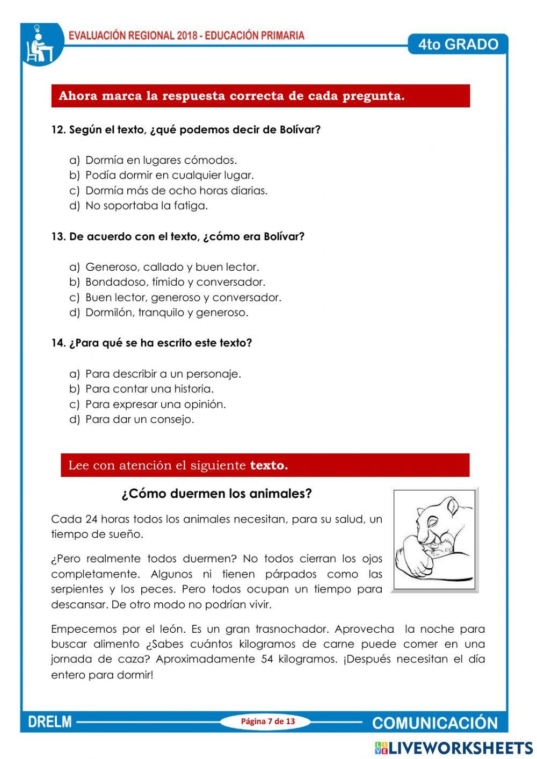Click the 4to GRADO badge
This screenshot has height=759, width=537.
458,44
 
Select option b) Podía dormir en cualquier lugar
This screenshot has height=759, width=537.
169,175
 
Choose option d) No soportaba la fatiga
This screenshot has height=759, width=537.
146,205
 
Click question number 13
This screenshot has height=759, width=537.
58,236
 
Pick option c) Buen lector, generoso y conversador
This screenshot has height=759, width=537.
183,297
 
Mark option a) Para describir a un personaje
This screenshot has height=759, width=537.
163,373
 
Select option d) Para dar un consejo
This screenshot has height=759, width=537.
140,419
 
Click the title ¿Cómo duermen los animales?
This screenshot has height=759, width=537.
216,493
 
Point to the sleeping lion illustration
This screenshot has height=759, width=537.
434,539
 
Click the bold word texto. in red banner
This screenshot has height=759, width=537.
269,465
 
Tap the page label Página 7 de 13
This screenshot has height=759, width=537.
268,721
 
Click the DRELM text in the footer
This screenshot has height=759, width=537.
49,722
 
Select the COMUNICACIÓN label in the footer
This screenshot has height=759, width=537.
435,722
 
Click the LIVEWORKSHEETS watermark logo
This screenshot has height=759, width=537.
454,748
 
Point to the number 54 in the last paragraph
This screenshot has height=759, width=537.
267,659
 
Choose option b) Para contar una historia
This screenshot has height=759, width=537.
149,388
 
